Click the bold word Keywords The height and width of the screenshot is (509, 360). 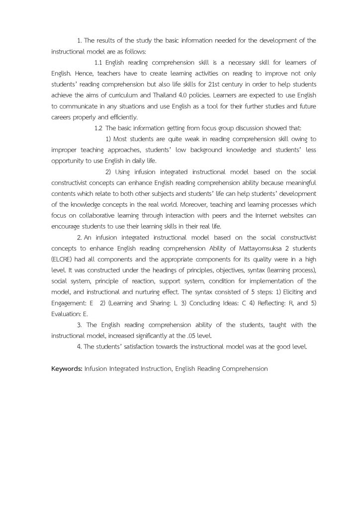click(x=67, y=369)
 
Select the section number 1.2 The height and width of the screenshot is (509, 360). click(x=98, y=128)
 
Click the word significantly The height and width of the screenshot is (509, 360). click(x=151, y=336)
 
